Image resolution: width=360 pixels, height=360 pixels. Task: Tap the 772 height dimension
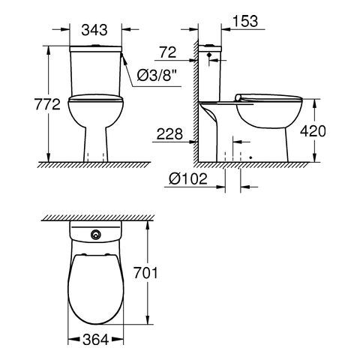point(26,105)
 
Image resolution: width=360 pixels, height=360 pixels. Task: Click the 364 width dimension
point(95,340)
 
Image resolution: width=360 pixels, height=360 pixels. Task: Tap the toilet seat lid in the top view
point(95,289)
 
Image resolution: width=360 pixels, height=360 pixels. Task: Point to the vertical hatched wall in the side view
point(196,105)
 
